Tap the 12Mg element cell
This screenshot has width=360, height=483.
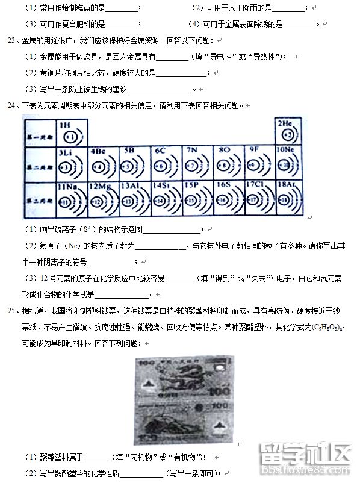101,195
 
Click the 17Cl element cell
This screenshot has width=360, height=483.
256,195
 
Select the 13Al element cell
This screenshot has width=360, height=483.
132,195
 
